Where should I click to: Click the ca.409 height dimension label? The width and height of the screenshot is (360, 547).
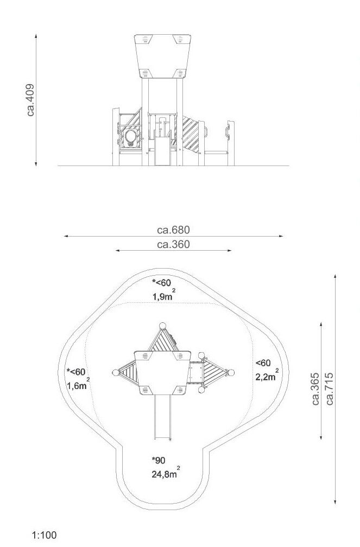click(31, 100)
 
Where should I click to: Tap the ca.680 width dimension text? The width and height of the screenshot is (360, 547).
click(174, 230)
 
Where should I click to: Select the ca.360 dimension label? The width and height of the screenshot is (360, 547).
click(174, 245)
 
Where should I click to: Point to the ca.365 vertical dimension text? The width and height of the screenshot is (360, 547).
click(315, 389)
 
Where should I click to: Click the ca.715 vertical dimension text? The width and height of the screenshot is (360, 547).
click(330, 389)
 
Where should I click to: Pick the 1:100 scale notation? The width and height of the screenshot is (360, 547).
click(44, 535)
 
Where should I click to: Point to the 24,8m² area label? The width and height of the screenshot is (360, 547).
click(166, 473)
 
